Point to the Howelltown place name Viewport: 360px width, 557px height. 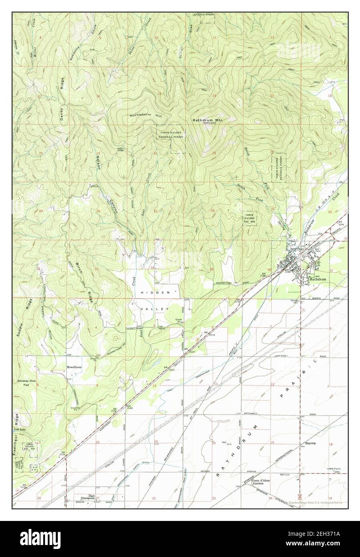tap(75, 366)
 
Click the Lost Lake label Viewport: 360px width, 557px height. tap(20, 430)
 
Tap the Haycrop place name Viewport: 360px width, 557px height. tap(311, 444)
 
